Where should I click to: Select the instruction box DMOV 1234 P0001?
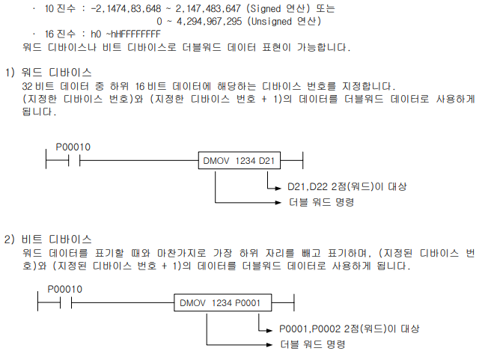click(221, 302)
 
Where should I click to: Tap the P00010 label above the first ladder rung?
click(73, 147)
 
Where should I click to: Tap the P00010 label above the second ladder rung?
click(65, 290)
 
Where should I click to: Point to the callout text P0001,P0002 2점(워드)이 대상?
click(349, 329)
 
